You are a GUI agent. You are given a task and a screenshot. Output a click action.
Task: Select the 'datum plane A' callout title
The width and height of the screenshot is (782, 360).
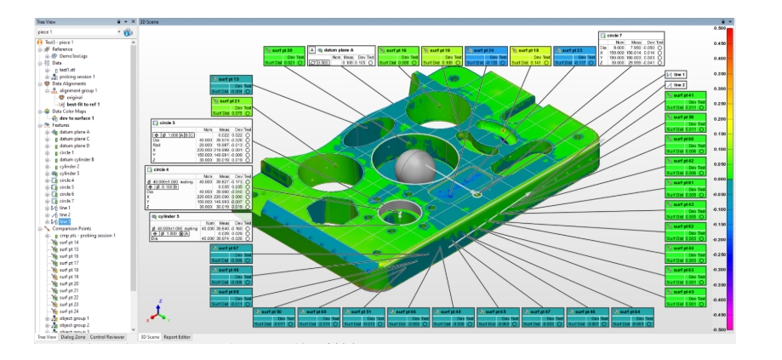[x=341, y=50]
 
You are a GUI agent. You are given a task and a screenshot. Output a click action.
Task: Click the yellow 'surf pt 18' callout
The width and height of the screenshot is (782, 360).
[x=532, y=50]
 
